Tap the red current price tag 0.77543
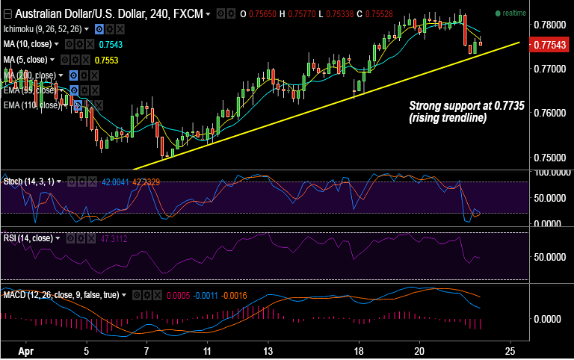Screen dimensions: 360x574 [x=550, y=46]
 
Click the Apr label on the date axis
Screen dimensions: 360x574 [x=28, y=350]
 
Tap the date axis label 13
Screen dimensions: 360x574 [x=267, y=350]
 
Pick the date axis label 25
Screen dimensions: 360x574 [x=510, y=350]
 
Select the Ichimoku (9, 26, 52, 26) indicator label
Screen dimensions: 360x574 [x=43, y=28]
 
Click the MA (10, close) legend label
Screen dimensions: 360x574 [x=31, y=45]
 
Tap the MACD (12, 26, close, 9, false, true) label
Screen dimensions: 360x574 [x=61, y=295]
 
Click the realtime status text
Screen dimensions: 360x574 [x=514, y=13]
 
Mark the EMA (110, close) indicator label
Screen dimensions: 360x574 [x=32, y=105]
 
